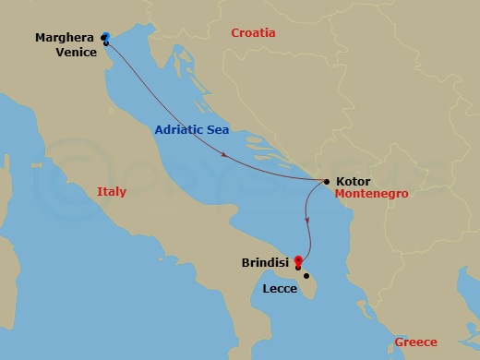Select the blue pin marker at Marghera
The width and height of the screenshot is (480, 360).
[104, 36]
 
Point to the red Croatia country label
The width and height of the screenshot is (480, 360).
[253, 33]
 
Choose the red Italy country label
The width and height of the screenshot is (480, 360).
[111, 192]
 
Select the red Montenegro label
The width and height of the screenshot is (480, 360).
[371, 196]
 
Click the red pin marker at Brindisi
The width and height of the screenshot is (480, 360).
[297, 260]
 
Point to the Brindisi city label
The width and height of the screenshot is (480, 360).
[265, 262]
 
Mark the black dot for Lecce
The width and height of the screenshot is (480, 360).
[306, 275]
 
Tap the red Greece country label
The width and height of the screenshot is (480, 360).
[415, 342]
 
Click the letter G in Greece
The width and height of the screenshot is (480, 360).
[399, 342]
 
